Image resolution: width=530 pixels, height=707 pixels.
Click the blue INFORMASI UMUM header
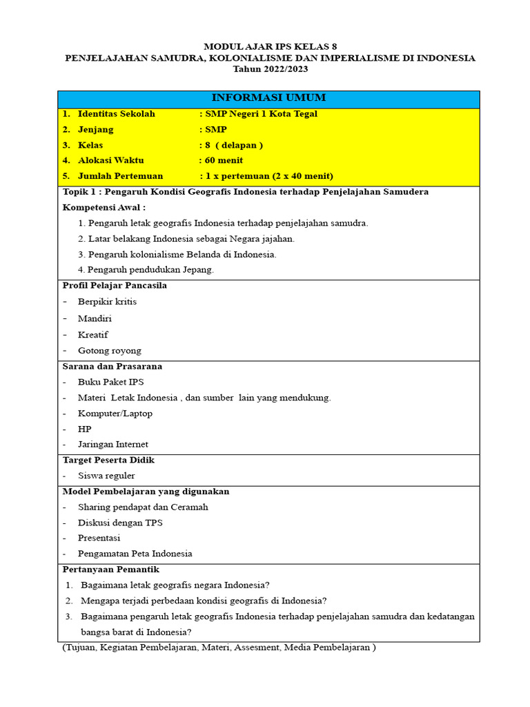(268, 98)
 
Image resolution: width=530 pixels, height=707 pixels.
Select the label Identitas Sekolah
(117, 114)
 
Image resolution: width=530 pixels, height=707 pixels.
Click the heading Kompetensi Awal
(104, 207)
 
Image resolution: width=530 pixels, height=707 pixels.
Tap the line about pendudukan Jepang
(146, 270)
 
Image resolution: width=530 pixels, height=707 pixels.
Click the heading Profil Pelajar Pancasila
(115, 285)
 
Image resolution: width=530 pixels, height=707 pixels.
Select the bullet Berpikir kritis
(107, 302)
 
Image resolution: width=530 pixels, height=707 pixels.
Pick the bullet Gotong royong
(109, 350)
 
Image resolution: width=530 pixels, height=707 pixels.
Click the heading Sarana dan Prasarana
(112, 366)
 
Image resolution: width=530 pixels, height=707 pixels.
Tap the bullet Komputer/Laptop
(115, 414)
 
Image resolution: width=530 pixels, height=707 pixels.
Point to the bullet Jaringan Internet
(113, 445)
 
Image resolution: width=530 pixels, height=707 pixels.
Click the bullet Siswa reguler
(106, 476)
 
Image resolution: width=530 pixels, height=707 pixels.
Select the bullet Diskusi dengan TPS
(120, 523)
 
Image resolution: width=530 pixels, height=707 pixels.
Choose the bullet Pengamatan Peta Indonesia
(135, 554)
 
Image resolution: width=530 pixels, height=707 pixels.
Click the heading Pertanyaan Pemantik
(111, 570)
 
